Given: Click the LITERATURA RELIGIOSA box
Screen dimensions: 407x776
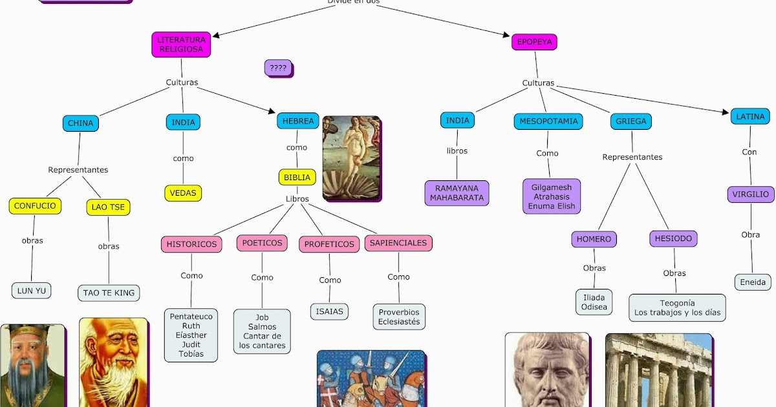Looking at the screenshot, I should pos(181,44).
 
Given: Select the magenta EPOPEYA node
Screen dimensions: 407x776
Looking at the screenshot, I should pos(534,42).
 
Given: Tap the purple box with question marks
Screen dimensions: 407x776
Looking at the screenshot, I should pos(278,67).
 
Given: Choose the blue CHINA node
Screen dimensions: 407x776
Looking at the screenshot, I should pos(80,123).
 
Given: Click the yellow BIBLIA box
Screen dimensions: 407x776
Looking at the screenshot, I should pos(297,177).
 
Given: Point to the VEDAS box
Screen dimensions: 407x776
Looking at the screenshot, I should pos(183,193).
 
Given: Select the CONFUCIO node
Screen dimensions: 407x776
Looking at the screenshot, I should pos(35,206).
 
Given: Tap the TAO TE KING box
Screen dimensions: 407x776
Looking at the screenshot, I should pos(109,293).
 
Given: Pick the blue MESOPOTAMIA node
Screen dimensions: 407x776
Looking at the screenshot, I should pos(548,121).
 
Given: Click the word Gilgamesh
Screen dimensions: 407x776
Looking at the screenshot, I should pos(551,187).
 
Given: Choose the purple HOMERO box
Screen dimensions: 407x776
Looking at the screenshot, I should pos(594,239).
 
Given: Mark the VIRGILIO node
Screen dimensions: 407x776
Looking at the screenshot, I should pos(750,194).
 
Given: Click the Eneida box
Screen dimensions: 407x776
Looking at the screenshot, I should pos(753,282).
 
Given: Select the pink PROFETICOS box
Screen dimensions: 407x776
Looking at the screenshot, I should pos(329,244).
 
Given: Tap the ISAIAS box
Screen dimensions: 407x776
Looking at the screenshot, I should pos(329,311).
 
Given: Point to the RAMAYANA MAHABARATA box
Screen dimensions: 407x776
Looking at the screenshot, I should pos(457,193).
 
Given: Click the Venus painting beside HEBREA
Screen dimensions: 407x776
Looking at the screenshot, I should pos(351,158).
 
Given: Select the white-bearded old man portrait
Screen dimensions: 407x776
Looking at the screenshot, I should pos(113,362).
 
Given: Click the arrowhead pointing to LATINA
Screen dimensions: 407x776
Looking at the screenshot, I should pos(726,112).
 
